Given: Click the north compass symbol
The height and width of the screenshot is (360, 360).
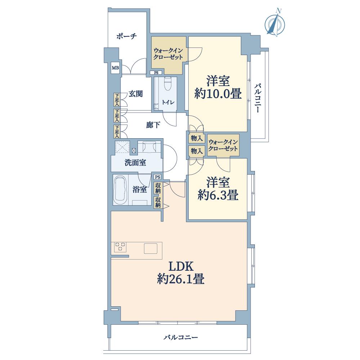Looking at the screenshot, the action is (275, 23).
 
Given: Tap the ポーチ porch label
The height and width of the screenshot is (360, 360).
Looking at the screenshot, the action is (126, 36).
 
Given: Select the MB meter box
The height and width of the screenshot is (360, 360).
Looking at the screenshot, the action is (115, 68).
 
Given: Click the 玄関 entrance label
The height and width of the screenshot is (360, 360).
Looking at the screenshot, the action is (136, 94).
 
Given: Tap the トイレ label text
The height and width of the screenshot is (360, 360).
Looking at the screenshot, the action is (168, 102).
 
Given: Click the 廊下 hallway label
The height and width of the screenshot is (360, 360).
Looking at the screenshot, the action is (153, 125).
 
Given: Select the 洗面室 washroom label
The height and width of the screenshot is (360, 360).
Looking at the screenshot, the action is (135, 163).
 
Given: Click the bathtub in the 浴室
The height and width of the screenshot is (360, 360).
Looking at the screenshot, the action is (120, 189).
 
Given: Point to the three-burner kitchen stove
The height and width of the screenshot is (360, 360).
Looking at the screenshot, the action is (120, 247).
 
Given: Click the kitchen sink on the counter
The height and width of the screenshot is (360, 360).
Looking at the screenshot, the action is (150, 248).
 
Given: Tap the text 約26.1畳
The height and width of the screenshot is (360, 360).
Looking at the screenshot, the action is (181, 279).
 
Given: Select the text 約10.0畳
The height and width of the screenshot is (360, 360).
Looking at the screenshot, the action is (218, 94).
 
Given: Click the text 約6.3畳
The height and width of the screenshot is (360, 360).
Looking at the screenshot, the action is (218, 195).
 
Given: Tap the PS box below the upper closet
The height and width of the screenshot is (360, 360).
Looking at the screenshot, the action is (156, 73).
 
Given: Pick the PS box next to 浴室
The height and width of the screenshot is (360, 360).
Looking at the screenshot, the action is (158, 177).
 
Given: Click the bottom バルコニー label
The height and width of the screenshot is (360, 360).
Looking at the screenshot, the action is (181, 338).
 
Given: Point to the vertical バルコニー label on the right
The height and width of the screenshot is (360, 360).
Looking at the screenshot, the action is (258, 98).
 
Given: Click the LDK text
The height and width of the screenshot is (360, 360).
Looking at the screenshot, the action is (181, 266).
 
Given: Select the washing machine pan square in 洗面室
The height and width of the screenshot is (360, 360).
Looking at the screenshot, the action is (122, 147).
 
